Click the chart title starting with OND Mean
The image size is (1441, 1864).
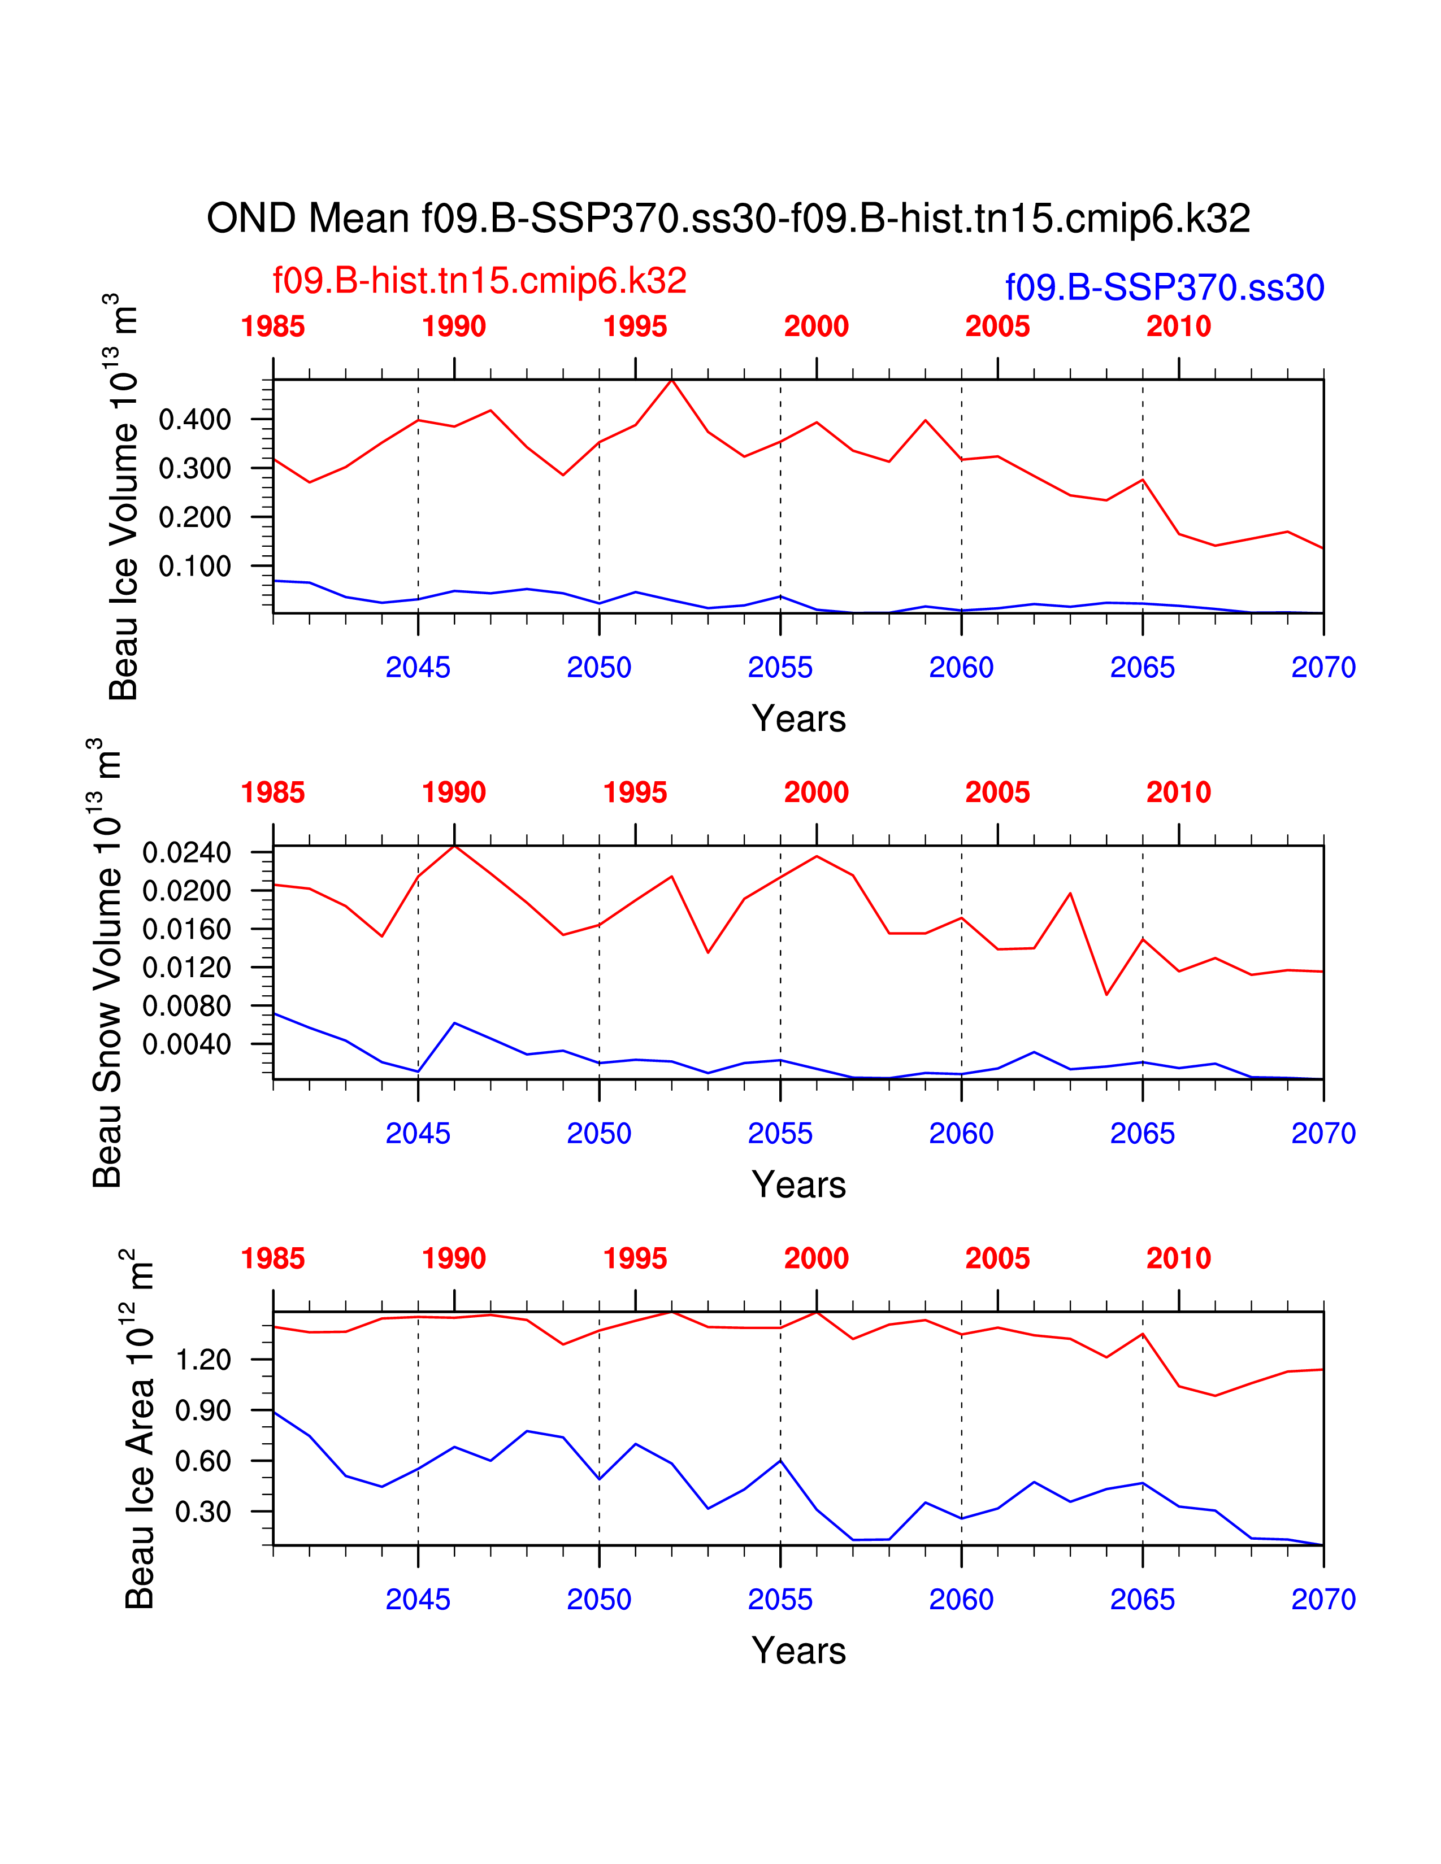coord(728,219)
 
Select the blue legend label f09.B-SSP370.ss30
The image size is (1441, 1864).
coord(1165,288)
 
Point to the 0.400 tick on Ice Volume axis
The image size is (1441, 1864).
coord(194,419)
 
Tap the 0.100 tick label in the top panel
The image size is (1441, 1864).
coord(194,566)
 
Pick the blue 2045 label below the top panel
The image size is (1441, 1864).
coord(418,668)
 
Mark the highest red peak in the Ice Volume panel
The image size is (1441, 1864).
coord(672,380)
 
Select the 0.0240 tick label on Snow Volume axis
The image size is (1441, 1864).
coord(187,852)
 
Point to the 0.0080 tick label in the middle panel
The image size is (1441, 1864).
coord(187,1006)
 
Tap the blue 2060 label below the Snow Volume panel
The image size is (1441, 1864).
coord(961,1134)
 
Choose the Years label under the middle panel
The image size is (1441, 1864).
coord(799,1184)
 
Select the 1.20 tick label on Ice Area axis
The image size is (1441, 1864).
coord(203,1360)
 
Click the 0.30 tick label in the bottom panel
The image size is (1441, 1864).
coord(203,1512)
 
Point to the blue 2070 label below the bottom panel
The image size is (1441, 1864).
coord(1323,1600)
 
